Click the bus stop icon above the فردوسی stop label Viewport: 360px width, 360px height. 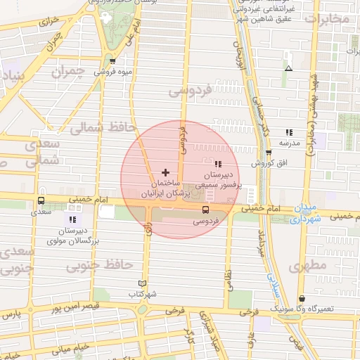206,210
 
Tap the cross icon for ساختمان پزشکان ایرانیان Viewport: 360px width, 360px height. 165,172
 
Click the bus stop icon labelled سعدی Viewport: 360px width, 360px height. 41,201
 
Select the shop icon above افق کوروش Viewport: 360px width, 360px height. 268,153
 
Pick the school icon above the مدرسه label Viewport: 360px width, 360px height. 288,132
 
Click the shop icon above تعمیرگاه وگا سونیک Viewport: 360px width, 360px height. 302,299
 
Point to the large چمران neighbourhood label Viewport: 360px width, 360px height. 72,72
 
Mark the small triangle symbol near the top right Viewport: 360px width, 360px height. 288,68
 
